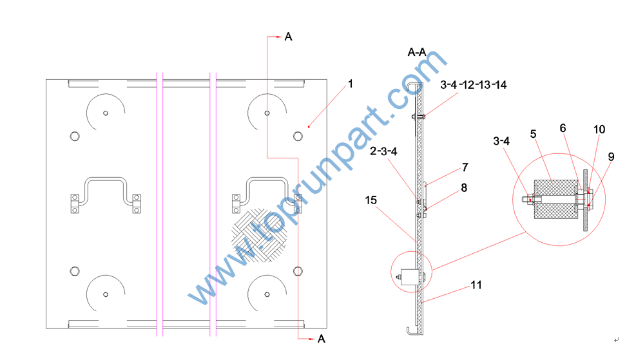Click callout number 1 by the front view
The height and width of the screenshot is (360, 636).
(x=351, y=84)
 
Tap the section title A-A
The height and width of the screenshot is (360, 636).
(x=417, y=52)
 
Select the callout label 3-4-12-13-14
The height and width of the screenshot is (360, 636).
(x=474, y=85)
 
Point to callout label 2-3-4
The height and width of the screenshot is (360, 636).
(x=383, y=151)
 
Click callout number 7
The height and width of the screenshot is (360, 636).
(x=465, y=167)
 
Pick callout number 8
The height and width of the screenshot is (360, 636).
(x=464, y=187)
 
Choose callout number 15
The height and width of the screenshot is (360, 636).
(x=371, y=200)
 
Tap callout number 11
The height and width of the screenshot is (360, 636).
(x=476, y=285)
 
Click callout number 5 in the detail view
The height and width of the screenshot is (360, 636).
(x=533, y=134)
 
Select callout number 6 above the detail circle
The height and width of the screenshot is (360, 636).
(x=563, y=128)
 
